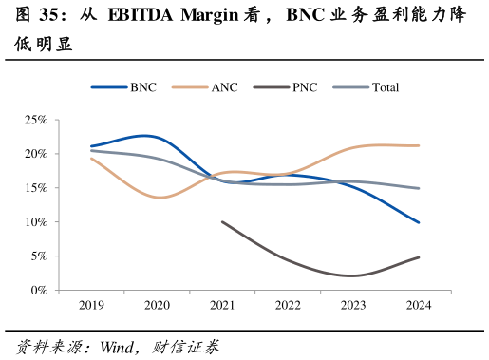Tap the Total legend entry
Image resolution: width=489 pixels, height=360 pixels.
click(386, 87)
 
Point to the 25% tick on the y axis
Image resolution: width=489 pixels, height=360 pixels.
click(36, 120)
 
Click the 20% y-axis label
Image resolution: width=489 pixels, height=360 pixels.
click(36, 154)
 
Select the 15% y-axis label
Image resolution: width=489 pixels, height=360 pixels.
click(36, 188)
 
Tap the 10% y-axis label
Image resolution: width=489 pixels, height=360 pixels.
click(36, 222)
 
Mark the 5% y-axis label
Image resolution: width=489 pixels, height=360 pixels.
click(38, 256)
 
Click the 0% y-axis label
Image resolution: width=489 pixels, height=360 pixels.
click(38, 291)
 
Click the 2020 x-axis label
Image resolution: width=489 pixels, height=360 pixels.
click(156, 305)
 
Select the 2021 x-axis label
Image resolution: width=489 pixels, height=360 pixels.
click(221, 305)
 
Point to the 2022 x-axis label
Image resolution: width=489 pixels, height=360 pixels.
click(287, 305)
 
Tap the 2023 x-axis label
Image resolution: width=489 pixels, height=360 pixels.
click(352, 305)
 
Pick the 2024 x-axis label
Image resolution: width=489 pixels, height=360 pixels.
click(418, 305)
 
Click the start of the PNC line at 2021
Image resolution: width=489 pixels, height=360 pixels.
click(221, 221)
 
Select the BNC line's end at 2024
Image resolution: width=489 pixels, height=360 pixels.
click(419, 222)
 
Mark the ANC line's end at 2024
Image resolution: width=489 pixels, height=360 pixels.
click(419, 145)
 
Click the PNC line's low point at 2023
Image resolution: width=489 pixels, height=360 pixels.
click(352, 275)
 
